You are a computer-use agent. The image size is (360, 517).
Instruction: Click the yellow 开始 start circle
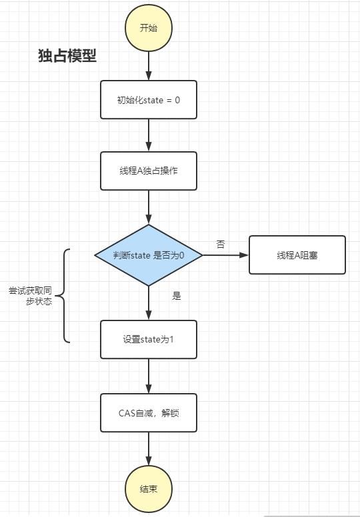149,28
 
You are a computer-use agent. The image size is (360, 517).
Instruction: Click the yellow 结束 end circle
149,489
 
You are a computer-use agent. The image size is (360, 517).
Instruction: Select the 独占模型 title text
67,57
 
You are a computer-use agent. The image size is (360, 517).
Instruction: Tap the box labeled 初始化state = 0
149,100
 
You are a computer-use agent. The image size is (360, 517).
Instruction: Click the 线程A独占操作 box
149,171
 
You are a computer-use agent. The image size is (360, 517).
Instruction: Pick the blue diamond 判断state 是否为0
149,255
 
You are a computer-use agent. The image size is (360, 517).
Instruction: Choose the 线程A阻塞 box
297,255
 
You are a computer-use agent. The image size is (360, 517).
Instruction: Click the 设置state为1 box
149,340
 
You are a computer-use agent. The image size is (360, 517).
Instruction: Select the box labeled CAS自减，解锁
149,412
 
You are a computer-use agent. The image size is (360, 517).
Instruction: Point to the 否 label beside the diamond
221,245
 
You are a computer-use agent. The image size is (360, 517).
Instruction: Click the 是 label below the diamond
177,296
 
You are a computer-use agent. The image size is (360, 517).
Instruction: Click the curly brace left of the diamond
65,296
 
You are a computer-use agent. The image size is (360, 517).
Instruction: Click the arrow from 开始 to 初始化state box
149,65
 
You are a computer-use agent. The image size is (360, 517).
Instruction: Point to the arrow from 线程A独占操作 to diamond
149,207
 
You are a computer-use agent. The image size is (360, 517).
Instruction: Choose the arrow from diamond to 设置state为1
149,303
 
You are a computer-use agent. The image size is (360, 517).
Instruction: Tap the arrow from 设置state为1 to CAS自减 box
149,376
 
